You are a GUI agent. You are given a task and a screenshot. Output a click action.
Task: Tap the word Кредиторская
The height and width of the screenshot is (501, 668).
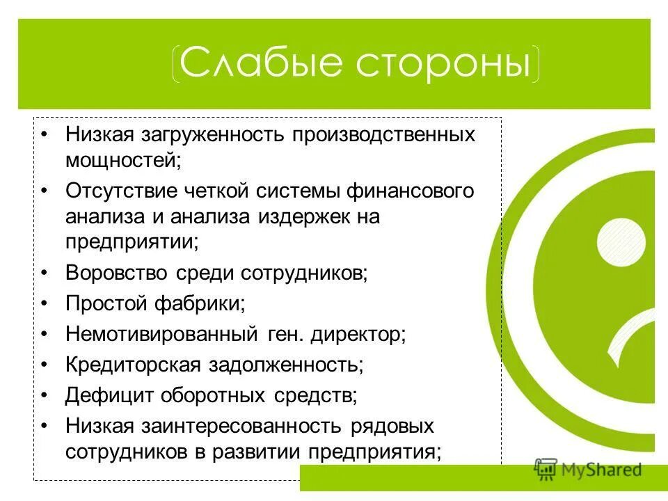(134, 365)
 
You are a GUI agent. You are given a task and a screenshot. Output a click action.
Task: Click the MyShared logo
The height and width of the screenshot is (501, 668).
(588, 469)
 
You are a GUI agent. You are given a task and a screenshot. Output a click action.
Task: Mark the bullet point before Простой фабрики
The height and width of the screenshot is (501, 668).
(45, 304)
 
